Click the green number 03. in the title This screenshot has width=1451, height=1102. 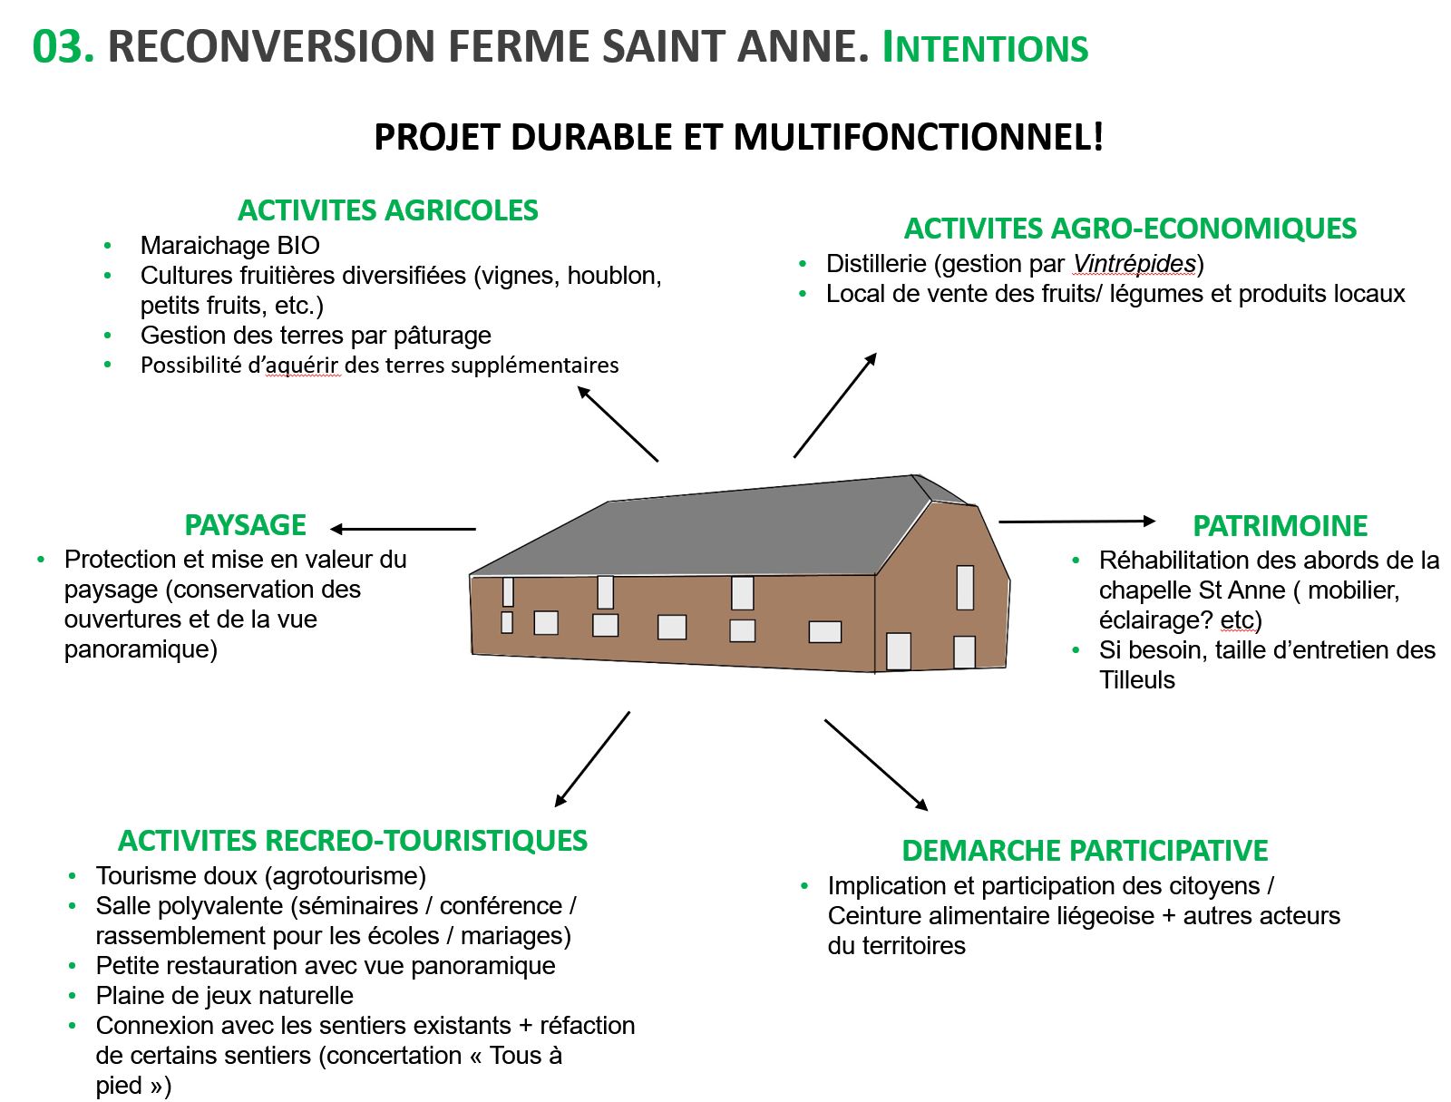point(63,46)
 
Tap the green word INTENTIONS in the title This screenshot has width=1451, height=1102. point(985,48)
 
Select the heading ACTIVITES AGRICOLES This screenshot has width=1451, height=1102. point(387,210)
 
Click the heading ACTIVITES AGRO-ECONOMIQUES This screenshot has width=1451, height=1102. point(1130,229)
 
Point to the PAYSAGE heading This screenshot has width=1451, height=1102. point(245,525)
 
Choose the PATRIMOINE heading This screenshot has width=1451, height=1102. point(1280,526)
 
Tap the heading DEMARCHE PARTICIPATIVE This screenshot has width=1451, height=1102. point(1085,851)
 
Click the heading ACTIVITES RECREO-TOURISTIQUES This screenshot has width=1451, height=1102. point(353,841)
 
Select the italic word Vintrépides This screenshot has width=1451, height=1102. point(1134,264)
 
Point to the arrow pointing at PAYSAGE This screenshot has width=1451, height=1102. point(403,529)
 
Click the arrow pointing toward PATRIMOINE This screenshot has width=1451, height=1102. point(1077,522)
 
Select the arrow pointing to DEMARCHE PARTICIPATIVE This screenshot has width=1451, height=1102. point(876,765)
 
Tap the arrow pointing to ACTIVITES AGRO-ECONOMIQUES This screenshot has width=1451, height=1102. point(835,405)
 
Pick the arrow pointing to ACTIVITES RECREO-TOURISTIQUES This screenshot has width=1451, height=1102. point(592,759)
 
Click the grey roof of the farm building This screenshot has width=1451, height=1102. point(707,531)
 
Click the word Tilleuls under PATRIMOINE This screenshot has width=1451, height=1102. point(1136,680)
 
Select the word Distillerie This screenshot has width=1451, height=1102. point(878,264)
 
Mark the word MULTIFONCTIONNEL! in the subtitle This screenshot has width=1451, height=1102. point(918,137)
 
